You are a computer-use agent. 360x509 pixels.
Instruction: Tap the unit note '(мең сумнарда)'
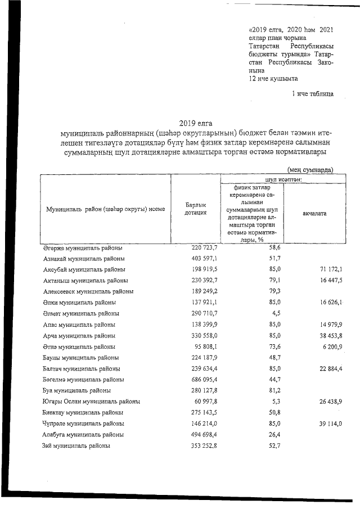pos(310,169)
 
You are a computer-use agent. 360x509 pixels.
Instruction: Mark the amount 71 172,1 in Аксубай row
pos(327,269)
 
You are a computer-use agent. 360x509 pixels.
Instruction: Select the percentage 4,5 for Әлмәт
pos(276,313)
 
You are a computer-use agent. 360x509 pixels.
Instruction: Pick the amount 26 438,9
pos(327,402)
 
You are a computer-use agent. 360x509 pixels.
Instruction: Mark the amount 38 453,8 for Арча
pos(327,336)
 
